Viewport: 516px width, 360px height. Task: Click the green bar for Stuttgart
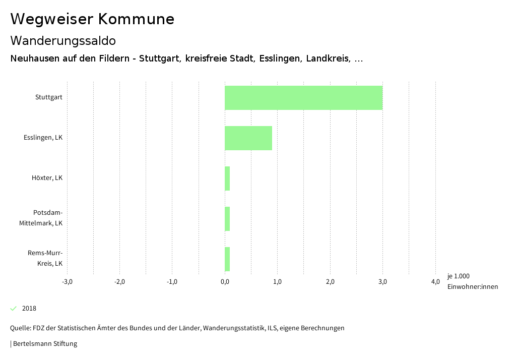coord(303,98)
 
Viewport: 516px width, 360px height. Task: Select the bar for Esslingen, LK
coord(248,138)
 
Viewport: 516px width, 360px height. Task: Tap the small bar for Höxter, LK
coord(227,178)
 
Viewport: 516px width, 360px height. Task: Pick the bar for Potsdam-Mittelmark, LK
coord(227,219)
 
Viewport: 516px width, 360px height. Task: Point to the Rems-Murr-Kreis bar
coord(227,259)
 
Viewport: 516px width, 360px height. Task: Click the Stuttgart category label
coord(49,97)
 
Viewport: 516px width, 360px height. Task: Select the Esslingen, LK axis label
coord(43,138)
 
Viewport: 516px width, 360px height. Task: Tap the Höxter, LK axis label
coord(47,178)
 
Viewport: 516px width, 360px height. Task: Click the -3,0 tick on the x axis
coord(67,281)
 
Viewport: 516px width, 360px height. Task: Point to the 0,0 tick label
coord(225,281)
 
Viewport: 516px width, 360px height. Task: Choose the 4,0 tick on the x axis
coord(435,281)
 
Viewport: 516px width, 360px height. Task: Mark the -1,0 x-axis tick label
coord(172,281)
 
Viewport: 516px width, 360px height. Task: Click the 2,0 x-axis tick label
coord(330,281)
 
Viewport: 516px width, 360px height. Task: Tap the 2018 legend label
coord(29,309)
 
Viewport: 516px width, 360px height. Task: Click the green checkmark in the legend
coord(14,309)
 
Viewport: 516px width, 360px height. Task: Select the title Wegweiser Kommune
coord(92,19)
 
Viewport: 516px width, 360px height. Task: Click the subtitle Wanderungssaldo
coord(63,40)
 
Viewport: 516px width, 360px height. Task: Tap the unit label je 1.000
coord(458,276)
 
